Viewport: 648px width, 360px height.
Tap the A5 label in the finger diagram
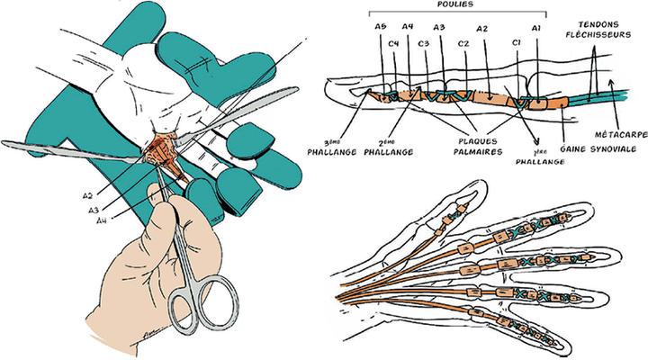tap(379, 27)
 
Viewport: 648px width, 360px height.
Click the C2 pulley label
tap(463, 42)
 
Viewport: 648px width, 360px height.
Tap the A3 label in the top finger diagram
tap(439, 27)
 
